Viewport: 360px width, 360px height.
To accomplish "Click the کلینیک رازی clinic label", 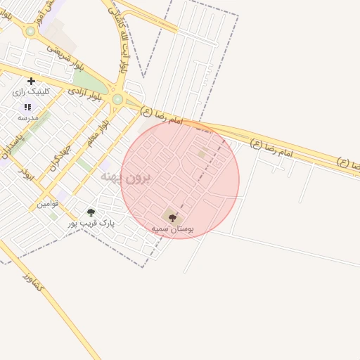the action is pos(29,92).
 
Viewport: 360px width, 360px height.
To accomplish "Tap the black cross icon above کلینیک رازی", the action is pos(31,82).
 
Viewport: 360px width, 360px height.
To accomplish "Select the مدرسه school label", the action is pos(27,117).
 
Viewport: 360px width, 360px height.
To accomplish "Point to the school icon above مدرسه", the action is pos(27,107).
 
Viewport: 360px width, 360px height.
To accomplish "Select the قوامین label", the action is pos(48,204).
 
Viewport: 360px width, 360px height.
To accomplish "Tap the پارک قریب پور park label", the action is pos(91,223).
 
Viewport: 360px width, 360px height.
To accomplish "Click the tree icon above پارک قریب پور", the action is pos(90,212).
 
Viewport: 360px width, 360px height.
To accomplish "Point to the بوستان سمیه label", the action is pos(172,229).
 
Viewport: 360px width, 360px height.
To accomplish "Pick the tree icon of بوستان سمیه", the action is pos(172,218).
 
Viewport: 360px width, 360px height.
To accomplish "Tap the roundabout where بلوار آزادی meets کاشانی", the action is pos(117,100).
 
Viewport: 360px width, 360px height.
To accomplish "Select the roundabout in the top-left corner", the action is pos(30,31).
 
